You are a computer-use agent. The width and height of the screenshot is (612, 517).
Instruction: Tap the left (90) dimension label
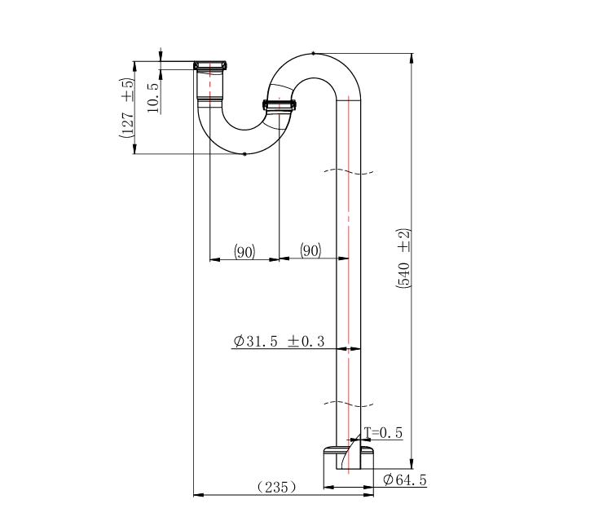coord(244,251)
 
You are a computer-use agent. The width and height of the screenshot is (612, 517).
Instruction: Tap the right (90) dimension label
coord(310,250)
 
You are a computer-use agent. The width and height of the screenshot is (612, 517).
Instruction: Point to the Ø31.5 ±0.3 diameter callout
coord(279,342)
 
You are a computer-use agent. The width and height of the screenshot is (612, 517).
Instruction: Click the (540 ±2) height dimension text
coord(403,258)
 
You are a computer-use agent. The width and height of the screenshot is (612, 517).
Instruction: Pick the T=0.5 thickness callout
coord(383,433)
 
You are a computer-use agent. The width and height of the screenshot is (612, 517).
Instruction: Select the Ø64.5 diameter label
coord(405,479)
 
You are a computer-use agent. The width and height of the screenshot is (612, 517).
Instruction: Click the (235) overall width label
coord(276,487)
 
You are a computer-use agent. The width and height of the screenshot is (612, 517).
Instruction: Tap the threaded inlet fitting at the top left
coord(211,65)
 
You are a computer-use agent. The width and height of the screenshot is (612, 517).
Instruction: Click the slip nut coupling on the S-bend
coord(280,104)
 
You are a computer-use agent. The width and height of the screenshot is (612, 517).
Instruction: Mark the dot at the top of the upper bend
coord(313,53)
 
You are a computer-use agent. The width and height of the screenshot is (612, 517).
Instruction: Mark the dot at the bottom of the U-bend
coord(244,153)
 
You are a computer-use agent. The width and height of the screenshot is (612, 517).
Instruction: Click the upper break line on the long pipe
coord(349,171)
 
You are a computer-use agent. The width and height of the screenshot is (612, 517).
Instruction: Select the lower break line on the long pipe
coord(349,403)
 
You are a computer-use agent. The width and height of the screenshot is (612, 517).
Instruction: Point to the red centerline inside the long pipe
coord(350,245)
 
